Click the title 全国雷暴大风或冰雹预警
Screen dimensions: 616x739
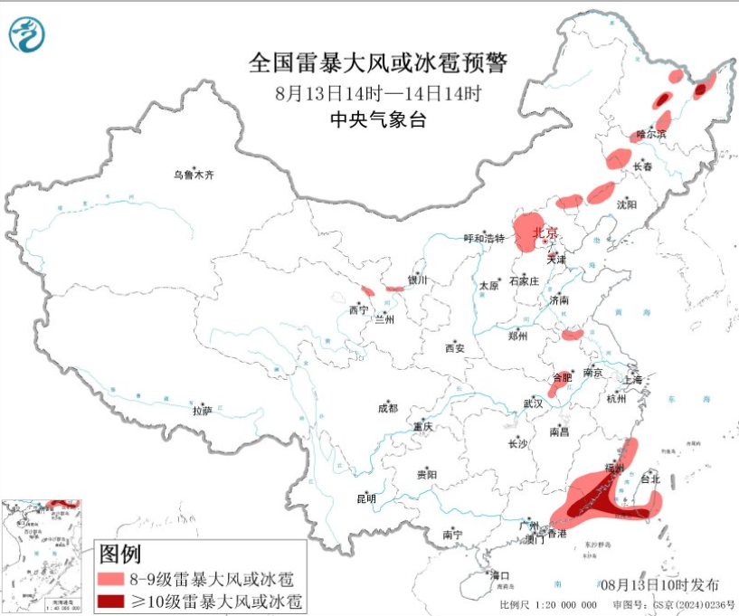point(378,63)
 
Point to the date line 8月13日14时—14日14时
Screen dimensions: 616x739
point(377,92)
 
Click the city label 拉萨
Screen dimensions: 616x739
point(202,410)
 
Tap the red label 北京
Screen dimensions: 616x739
point(546,232)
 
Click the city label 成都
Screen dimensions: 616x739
point(388,408)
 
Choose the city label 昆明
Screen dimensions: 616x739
point(365,498)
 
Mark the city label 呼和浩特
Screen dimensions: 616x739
point(483,238)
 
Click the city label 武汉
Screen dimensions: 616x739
point(532,403)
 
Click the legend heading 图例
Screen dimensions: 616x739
point(118,553)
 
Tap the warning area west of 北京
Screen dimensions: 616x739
point(527,232)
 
